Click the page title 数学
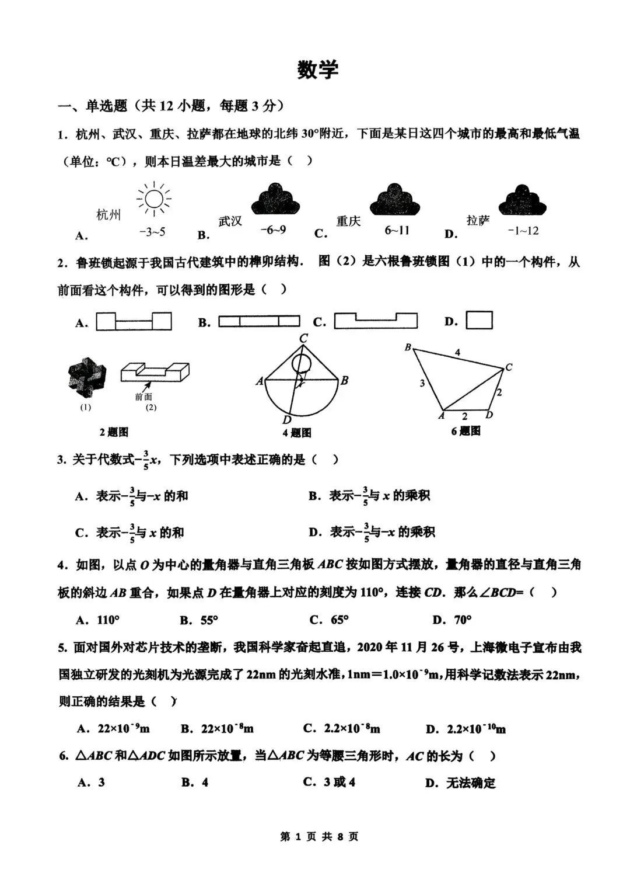(x=317, y=69)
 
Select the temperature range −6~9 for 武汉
(x=272, y=230)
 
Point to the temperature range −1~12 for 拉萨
(x=523, y=231)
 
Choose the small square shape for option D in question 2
(x=480, y=320)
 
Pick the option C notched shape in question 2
(x=375, y=321)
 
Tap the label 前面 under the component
(x=143, y=397)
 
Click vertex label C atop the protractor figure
(x=303, y=339)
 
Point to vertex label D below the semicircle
(x=286, y=420)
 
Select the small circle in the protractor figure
(x=302, y=363)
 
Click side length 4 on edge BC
(x=457, y=352)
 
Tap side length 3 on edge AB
(x=422, y=384)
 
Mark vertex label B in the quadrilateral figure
(x=408, y=347)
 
